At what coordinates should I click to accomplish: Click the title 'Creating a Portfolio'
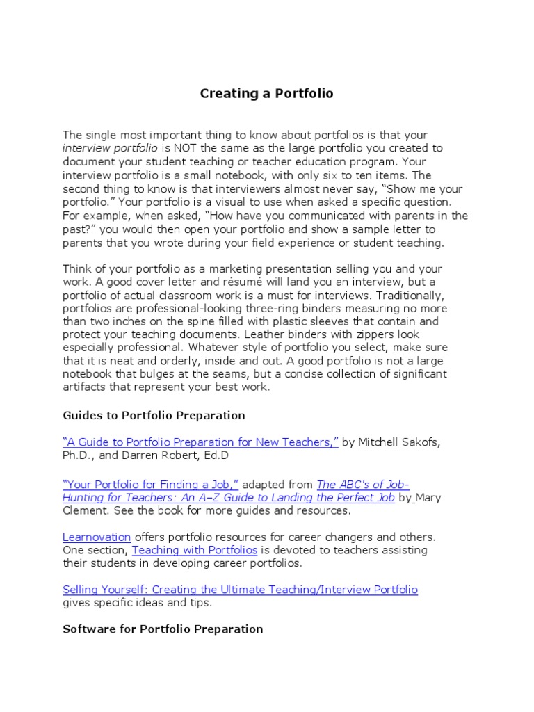click(267, 93)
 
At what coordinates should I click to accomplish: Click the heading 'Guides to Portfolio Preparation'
click(154, 415)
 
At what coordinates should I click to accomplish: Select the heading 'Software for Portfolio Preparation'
click(163, 629)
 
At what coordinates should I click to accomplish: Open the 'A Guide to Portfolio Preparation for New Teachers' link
click(200, 442)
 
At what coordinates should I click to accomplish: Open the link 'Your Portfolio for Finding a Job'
click(151, 484)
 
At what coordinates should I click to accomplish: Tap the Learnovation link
click(97, 537)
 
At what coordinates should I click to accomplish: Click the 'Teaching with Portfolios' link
click(195, 549)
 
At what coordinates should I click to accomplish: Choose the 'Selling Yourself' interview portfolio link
click(240, 590)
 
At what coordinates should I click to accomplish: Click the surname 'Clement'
click(85, 510)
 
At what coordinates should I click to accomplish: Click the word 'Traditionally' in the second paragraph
click(401, 295)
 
